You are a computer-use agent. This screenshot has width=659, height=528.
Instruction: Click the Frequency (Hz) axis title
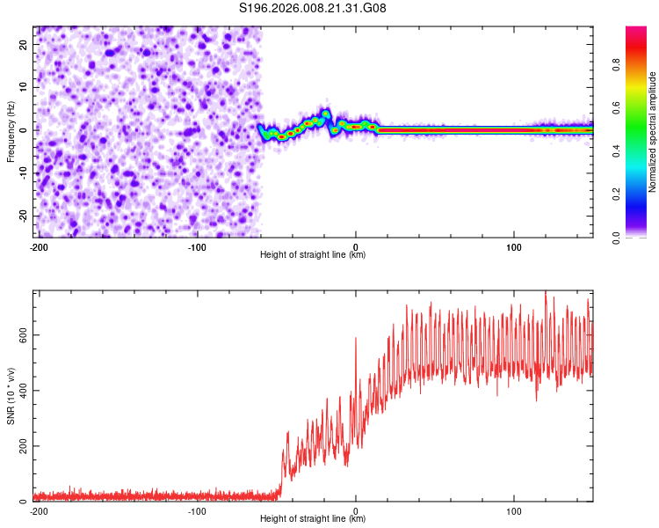pyautogui.click(x=11, y=130)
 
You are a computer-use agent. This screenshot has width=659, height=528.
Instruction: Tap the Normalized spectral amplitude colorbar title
pyautogui.click(x=653, y=132)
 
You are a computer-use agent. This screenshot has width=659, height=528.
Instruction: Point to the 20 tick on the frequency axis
pyautogui.click(x=24, y=43)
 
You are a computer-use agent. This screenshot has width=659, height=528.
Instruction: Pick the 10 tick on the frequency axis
pyautogui.click(x=24, y=86)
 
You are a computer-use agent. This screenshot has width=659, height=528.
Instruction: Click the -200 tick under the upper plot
pyautogui.click(x=39, y=246)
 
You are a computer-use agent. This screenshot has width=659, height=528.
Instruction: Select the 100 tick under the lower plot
pyautogui.click(x=514, y=510)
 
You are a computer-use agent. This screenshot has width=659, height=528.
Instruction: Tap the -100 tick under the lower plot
pyautogui.click(x=197, y=510)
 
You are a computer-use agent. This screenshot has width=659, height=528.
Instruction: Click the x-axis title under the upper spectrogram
pyautogui.click(x=313, y=255)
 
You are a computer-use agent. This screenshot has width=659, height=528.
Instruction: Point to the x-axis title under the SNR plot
pyautogui.click(x=313, y=519)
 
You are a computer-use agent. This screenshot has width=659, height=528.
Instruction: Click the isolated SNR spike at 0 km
pyautogui.click(x=355, y=338)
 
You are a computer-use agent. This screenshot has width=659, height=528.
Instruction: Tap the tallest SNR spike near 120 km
pyautogui.click(x=546, y=293)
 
